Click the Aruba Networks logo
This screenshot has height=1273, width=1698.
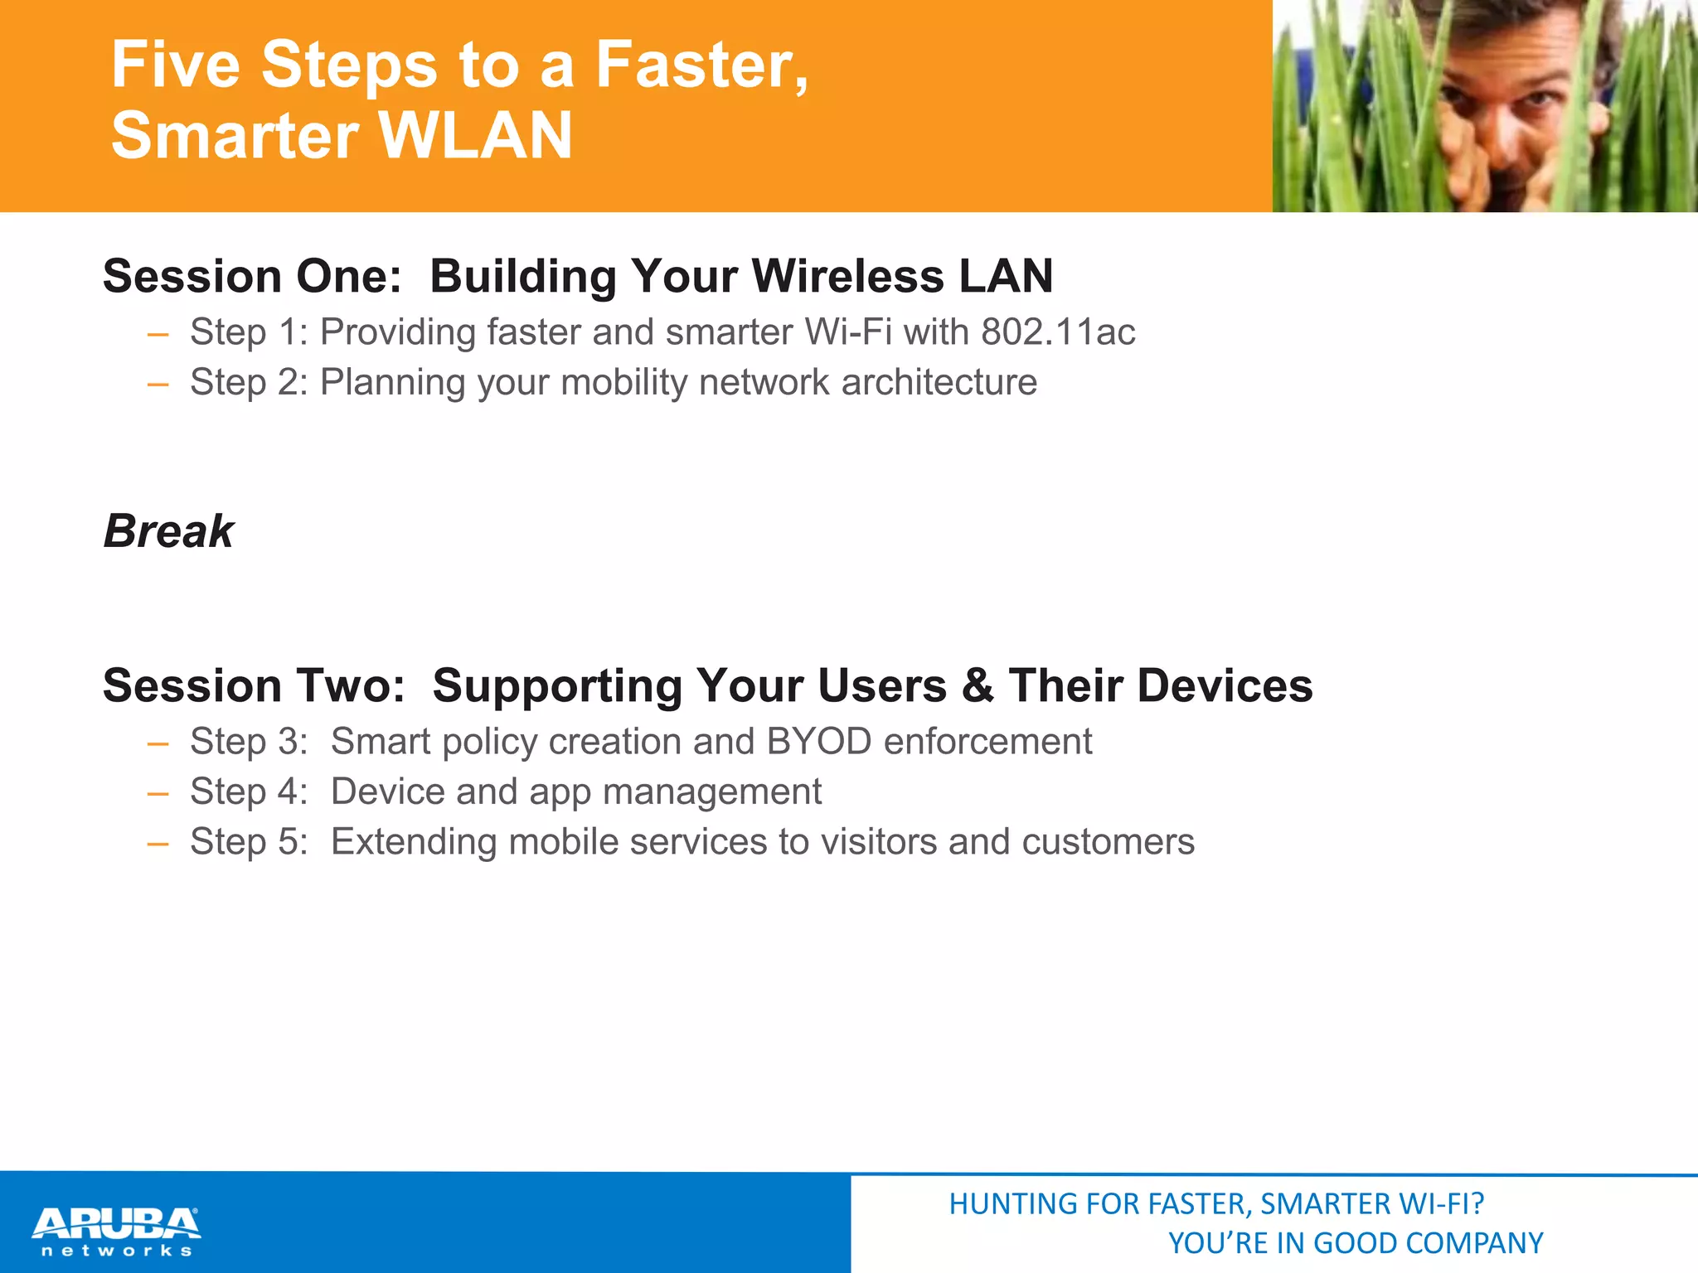116,1232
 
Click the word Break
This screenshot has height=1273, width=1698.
168,531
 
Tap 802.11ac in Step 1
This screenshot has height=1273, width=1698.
1058,332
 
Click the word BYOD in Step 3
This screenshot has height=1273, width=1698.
818,742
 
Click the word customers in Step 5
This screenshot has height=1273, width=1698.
1108,842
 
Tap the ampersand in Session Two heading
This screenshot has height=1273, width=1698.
978,686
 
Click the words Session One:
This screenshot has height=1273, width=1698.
252,276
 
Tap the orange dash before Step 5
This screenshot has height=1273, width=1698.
158,844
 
